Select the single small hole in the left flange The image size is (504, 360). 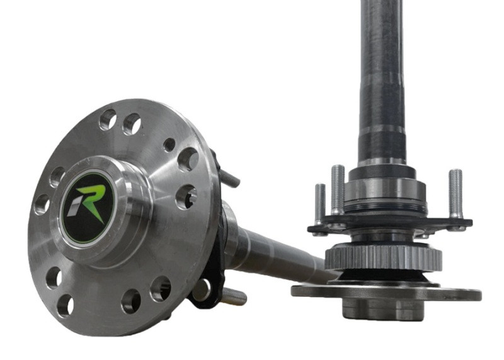169,145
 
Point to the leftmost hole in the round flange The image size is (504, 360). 42,204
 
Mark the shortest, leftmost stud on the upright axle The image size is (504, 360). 319,204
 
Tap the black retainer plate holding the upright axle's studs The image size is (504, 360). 391,224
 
